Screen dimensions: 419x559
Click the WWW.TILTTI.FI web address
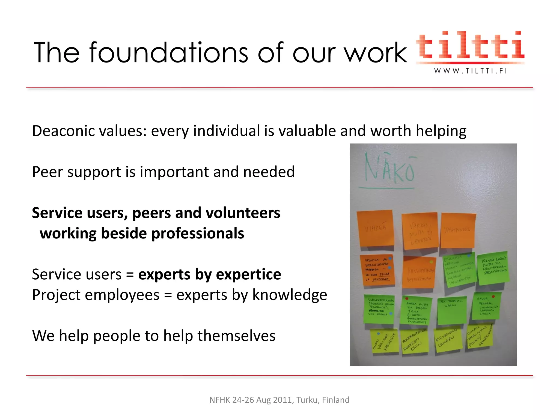point(471,71)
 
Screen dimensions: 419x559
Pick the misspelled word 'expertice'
point(248,274)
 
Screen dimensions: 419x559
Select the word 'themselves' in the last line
point(236,336)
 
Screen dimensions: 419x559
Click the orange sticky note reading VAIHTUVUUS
point(458,231)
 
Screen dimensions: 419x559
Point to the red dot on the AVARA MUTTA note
point(407,299)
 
